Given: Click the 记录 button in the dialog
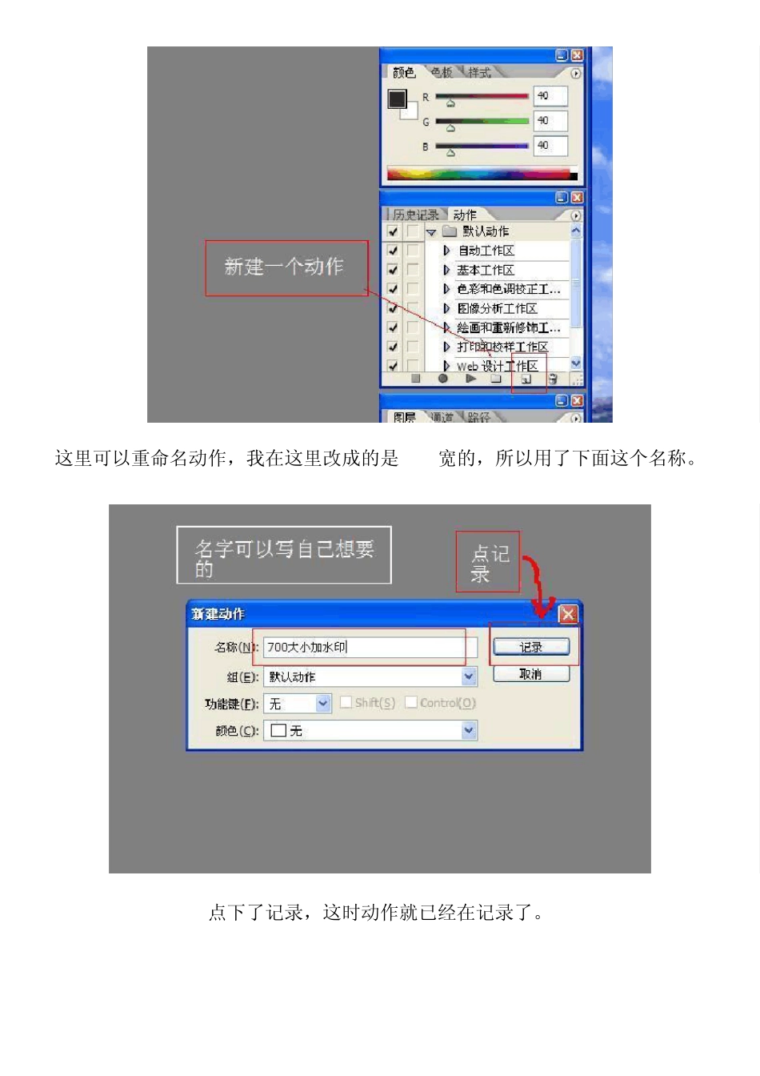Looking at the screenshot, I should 531,647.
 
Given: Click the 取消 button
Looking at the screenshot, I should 531,674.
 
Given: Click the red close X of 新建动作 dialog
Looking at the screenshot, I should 567,614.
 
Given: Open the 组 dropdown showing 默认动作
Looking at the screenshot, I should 469,677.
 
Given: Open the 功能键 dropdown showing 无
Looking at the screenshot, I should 322,704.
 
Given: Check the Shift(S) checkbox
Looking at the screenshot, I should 346,702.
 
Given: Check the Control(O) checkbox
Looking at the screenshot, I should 411,702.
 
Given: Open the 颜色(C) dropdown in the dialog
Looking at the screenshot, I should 469,730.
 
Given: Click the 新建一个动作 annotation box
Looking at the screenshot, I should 286,267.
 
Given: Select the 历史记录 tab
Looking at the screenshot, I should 416,215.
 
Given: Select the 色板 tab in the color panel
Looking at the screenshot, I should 442,73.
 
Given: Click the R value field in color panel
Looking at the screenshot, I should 550,96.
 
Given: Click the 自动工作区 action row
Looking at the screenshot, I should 486,251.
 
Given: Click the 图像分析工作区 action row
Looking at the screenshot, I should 497,308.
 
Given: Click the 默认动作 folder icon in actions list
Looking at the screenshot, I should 450,231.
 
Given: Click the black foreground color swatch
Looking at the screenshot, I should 397,99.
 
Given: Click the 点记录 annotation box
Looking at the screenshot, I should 488,562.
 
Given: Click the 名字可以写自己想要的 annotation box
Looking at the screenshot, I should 284,556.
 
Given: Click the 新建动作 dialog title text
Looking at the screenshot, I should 218,614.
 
